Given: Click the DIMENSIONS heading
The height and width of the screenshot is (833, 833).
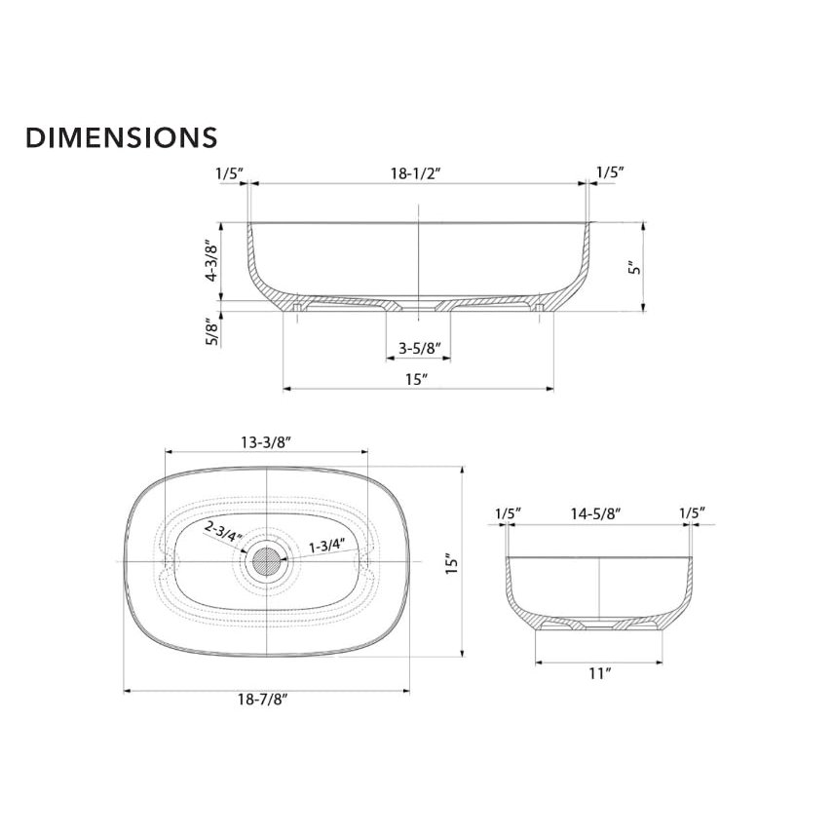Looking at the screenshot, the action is pyautogui.click(x=122, y=137).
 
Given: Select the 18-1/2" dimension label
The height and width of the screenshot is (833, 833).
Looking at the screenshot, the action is pyautogui.click(x=417, y=173).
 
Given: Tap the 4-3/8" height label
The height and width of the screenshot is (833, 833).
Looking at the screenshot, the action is pyautogui.click(x=212, y=261).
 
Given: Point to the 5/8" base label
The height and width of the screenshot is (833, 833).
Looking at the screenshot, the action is pyautogui.click(x=212, y=331).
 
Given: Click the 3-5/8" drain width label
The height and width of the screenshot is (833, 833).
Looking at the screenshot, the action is pyautogui.click(x=420, y=349).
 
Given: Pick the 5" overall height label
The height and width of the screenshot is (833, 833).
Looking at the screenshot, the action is pyautogui.click(x=634, y=267).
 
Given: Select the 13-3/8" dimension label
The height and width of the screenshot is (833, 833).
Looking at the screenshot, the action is pyautogui.click(x=266, y=442).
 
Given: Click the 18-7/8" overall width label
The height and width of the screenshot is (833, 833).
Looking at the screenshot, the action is pyautogui.click(x=262, y=700).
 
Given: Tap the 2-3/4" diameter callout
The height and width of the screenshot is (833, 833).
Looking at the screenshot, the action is pyautogui.click(x=223, y=532).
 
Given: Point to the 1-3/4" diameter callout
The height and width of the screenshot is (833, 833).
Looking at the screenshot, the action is pyautogui.click(x=327, y=545).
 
